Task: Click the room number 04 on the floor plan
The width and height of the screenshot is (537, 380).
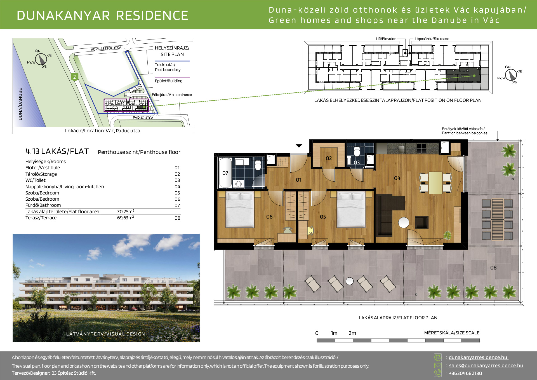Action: (397, 178)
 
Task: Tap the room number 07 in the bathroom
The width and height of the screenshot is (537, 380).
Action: (225, 173)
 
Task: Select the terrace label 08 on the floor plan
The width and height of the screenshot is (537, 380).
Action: (493, 268)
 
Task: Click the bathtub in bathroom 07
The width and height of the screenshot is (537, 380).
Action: (225, 173)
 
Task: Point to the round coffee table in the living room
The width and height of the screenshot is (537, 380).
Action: (404, 223)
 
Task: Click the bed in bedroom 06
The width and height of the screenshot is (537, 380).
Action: (240, 210)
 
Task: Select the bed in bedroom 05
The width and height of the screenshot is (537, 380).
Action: (351, 210)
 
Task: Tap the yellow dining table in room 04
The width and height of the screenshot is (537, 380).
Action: (435, 183)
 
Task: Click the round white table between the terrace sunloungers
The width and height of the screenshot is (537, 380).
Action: (350, 281)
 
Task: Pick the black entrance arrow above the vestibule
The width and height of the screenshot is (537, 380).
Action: (299, 146)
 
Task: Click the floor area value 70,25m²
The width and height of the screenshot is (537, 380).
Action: (126, 212)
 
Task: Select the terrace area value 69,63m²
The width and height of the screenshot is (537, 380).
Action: (126, 218)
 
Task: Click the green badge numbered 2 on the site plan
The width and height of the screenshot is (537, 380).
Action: (74, 77)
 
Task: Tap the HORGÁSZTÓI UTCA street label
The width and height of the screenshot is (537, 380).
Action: (106, 49)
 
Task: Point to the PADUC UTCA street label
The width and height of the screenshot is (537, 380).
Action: (143, 118)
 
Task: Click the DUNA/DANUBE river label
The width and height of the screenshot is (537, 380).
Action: (20, 104)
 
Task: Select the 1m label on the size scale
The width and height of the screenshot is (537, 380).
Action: (334, 333)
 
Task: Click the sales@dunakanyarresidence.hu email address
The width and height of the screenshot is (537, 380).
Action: (486, 365)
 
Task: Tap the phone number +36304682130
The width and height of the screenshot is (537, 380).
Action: (465, 373)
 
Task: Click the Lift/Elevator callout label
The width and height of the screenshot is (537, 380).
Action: (386, 39)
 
